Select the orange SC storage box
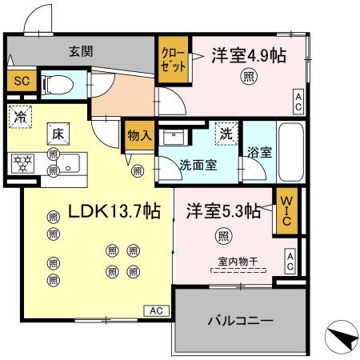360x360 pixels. (x=20, y=81)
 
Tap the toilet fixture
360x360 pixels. (x=57, y=82)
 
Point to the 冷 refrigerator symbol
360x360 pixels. (x=19, y=117)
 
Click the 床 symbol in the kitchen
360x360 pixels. (x=58, y=135)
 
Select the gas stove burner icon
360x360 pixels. (x=21, y=162)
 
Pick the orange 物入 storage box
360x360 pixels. (x=139, y=137)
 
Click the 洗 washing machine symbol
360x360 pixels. (x=226, y=134)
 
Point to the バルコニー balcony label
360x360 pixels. (x=241, y=321)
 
